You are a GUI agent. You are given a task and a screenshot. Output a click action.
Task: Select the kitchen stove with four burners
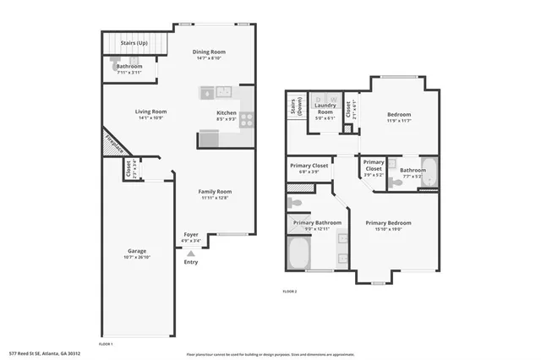click(x=246, y=120)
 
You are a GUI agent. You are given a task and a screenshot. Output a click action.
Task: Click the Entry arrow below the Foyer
click(x=192, y=252)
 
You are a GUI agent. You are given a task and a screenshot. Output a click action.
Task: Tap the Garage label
click(x=137, y=251)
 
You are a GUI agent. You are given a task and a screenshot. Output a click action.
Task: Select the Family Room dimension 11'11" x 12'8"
click(x=216, y=199)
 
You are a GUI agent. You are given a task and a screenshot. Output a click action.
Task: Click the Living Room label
click(x=151, y=112)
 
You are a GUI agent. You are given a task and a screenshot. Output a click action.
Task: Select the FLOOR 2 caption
click(x=289, y=292)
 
